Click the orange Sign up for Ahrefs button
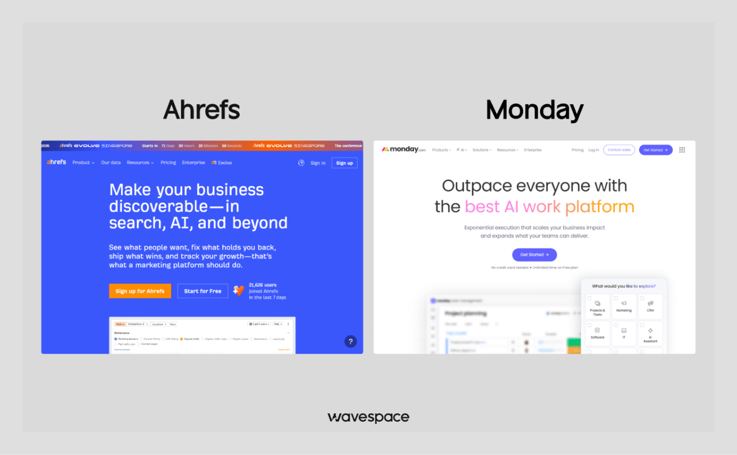(140, 291)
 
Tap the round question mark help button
(350, 341)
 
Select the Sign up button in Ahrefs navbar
(344, 163)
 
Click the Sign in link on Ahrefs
(318, 163)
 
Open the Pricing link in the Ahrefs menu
(168, 163)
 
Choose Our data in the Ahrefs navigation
(111, 163)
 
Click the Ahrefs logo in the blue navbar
(56, 162)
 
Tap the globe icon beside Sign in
(301, 163)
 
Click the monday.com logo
(404, 150)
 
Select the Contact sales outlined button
(619, 150)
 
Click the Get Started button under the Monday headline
(534, 255)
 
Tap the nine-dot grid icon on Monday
(682, 150)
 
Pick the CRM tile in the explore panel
(650, 307)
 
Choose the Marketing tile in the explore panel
(623, 307)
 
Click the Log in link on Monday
(594, 150)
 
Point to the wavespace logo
(368, 417)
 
